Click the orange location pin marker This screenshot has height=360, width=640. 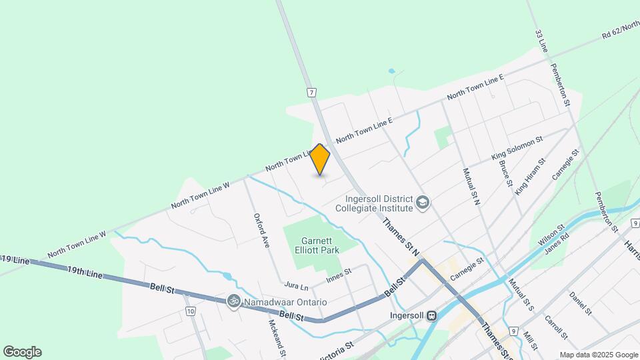coord(320,160)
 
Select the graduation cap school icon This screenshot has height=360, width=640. coord(422,201)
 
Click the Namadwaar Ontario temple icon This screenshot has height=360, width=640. coord(233,301)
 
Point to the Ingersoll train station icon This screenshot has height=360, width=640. coord(431,315)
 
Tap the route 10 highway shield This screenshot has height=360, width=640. coord(191,311)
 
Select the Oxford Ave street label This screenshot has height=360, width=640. coord(260,231)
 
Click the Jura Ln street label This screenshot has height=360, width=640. coord(296,287)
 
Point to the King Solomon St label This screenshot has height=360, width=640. coord(517,148)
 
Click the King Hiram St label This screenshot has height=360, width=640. coord(530,176)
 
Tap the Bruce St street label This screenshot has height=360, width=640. coord(505,173)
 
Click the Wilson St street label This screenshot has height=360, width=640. coord(551,233)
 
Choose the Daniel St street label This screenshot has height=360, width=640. coord(580,302)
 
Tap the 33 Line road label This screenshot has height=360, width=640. coord(543,41)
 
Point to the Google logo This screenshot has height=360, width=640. coord(22,352)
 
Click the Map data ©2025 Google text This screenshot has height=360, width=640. coord(598,355)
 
